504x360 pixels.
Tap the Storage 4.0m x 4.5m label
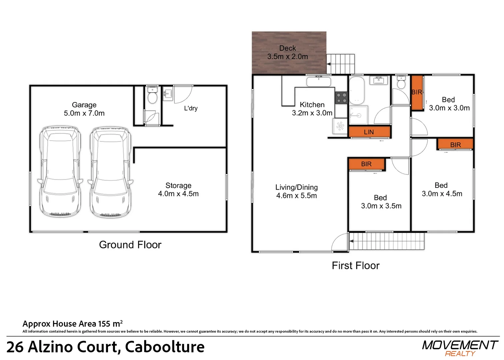pyautogui.click(x=178, y=189)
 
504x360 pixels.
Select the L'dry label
pyautogui.click(x=191, y=108)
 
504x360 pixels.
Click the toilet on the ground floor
pyautogui.click(x=152, y=95)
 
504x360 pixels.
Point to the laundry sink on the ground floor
pyautogui.click(x=168, y=94)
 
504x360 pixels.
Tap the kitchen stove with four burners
pyautogui.click(x=341, y=98)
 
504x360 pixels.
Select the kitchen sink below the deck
pyautogui.click(x=319, y=81)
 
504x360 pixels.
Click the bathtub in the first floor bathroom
pyautogui.click(x=357, y=90)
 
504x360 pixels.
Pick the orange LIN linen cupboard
pyautogui.click(x=369, y=132)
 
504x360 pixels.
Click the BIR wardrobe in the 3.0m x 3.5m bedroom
pyautogui.click(x=367, y=164)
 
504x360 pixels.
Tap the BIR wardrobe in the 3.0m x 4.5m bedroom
pyautogui.click(x=455, y=144)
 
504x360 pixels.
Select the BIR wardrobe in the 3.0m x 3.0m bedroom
pyautogui.click(x=417, y=92)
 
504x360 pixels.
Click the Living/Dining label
pyautogui.click(x=297, y=187)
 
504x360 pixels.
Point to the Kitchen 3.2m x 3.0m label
pyautogui.click(x=312, y=109)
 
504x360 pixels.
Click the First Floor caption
pyautogui.click(x=355, y=265)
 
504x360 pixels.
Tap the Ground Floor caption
pyautogui.click(x=130, y=245)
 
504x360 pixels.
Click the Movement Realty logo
pyautogui.click(x=460, y=348)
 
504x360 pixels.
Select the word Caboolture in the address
pyautogui.click(x=165, y=347)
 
